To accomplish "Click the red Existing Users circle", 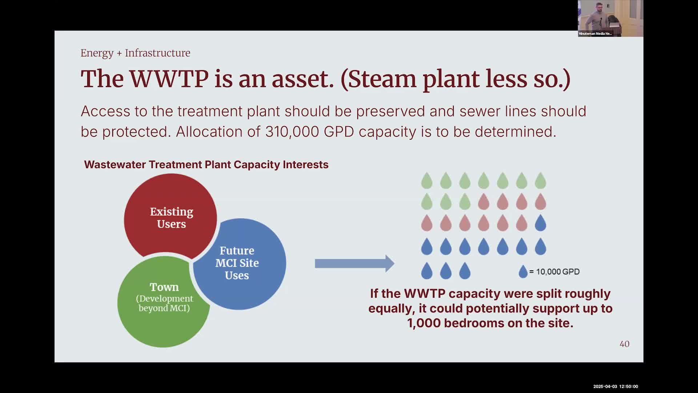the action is (x=171, y=217).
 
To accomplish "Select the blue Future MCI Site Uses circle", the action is (x=240, y=264).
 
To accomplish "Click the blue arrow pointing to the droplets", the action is (x=354, y=263).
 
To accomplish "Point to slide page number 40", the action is (x=625, y=344).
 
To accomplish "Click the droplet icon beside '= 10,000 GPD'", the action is (x=523, y=271).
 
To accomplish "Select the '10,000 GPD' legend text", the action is (x=558, y=272).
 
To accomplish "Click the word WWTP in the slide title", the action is (x=169, y=79).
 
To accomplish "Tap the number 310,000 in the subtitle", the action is (x=292, y=131).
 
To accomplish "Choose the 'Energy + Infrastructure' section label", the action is (x=135, y=53).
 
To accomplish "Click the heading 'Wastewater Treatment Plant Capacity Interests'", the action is (x=206, y=164).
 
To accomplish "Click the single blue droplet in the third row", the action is (x=540, y=223).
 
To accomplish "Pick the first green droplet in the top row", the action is (x=427, y=180).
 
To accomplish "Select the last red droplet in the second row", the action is (x=540, y=202).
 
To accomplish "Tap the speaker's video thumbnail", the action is (x=610, y=18).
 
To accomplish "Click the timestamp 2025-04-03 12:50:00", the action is (x=615, y=386).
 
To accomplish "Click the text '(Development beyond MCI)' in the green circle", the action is (x=164, y=303).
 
